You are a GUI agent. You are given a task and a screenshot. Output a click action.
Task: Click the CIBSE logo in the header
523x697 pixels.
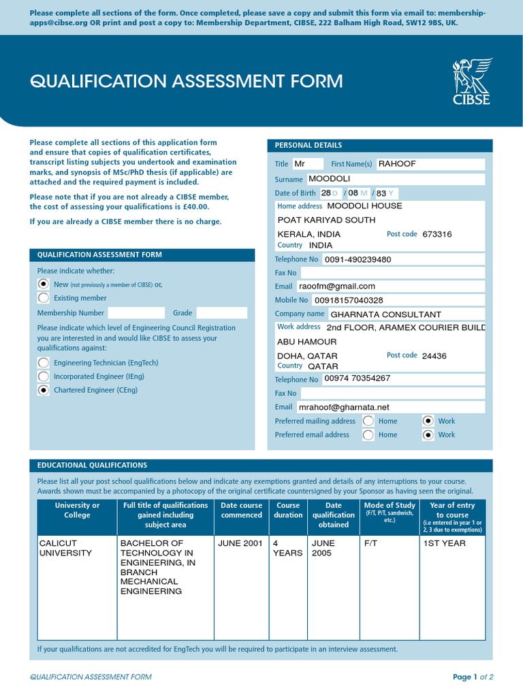click(471, 82)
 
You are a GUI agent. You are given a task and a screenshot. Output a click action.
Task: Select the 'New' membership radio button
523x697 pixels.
click(44, 284)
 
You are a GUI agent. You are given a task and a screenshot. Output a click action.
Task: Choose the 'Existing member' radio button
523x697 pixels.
click(44, 297)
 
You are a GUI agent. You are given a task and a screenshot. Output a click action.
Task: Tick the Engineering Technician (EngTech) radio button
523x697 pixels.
click(44, 363)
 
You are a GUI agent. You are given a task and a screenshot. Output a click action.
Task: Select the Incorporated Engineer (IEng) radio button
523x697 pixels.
click(44, 376)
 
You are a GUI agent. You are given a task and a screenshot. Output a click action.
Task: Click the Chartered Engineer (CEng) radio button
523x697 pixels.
click(44, 390)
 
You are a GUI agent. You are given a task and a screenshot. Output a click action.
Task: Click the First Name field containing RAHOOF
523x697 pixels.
click(430, 164)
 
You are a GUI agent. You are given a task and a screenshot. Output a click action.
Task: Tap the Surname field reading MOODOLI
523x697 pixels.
click(395, 179)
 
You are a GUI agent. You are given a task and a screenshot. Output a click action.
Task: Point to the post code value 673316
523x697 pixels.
click(437, 234)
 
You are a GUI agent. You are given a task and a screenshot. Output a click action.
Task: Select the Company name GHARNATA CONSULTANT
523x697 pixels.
click(385, 314)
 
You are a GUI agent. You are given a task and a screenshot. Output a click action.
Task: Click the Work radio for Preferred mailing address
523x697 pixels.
click(428, 421)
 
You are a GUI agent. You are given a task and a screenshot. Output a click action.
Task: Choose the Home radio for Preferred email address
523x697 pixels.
click(368, 435)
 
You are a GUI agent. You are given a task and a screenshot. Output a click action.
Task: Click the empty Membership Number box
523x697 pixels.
click(136, 313)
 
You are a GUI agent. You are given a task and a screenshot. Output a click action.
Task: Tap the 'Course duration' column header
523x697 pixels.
click(288, 510)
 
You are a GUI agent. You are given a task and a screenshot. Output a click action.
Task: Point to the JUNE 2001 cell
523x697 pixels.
click(240, 543)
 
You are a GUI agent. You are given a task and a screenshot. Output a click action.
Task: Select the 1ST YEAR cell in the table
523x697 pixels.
click(444, 543)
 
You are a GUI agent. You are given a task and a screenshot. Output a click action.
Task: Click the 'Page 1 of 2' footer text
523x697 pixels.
click(473, 677)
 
